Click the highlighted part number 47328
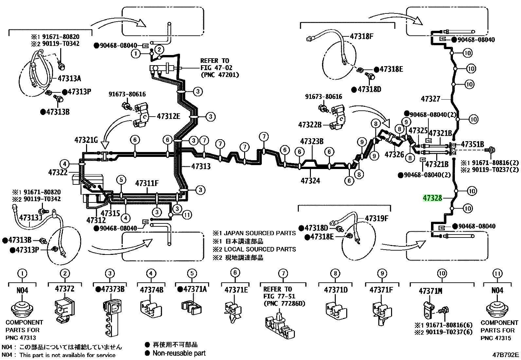(x=432, y=198)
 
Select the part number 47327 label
(x=431, y=99)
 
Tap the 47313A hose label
(x=69, y=79)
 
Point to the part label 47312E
(x=169, y=116)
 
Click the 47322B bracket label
(x=310, y=125)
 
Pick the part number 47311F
(x=147, y=183)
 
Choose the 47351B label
(x=472, y=144)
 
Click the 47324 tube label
(x=310, y=180)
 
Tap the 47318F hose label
(x=361, y=36)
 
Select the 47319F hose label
(x=377, y=218)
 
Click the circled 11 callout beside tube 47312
(x=187, y=215)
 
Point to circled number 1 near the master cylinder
(x=135, y=54)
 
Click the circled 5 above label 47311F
(x=121, y=180)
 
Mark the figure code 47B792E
(x=505, y=355)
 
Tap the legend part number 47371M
(x=431, y=291)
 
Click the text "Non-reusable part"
(x=179, y=353)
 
